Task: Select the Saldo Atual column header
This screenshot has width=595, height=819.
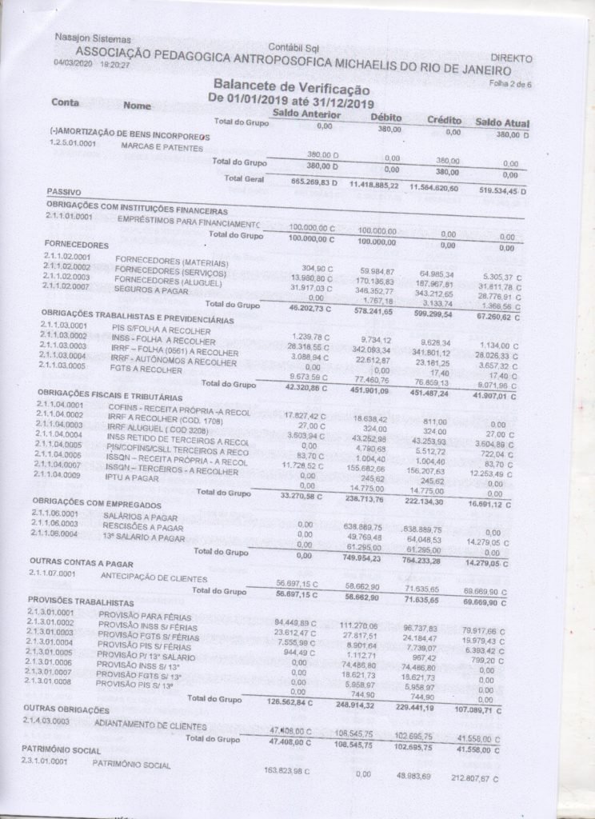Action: coord(502,122)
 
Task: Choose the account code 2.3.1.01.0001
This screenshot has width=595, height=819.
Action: coord(54,761)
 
